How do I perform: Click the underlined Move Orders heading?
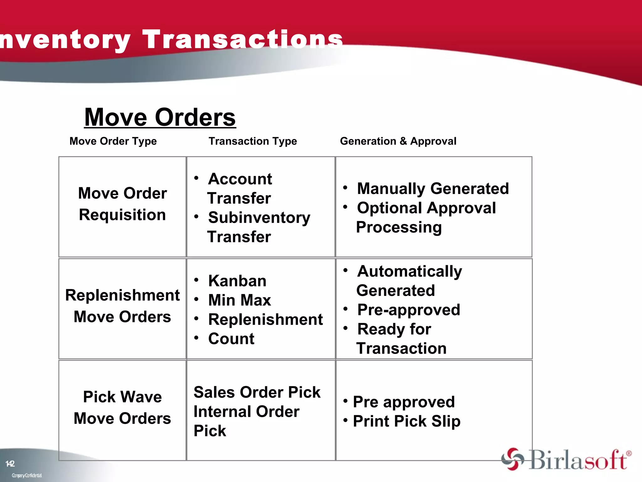tap(160, 117)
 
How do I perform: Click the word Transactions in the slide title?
tap(243, 40)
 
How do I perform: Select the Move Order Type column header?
tap(113, 141)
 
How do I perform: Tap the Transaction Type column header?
tap(253, 141)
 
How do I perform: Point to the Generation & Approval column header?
tap(398, 141)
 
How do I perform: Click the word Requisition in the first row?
tap(122, 215)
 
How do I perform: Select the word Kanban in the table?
tap(237, 281)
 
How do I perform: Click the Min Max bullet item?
tap(239, 300)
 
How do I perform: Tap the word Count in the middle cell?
tap(231, 339)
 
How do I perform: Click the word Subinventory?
tap(259, 218)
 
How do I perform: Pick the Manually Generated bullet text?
tap(433, 189)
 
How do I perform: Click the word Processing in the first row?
tap(399, 227)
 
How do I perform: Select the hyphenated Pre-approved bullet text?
tap(408, 310)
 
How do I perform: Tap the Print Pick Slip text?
tap(407, 421)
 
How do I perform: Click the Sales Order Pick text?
tap(257, 392)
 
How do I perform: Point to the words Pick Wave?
tap(122, 397)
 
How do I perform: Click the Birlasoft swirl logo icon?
tap(512, 459)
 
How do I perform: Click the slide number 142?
tap(10, 463)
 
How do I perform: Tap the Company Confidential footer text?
tap(27, 475)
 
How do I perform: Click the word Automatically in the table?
tap(409, 271)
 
